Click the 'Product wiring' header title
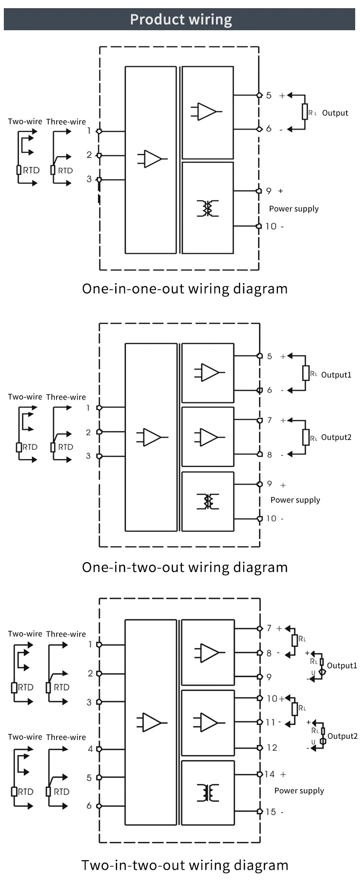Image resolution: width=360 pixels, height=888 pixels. point(181,20)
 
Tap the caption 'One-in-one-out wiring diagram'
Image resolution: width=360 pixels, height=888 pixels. point(185,289)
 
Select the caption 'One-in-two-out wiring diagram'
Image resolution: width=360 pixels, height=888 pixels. point(185,567)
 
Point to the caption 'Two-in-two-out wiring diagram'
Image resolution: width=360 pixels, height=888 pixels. point(185,865)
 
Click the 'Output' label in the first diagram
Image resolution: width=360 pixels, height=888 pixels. point(335,113)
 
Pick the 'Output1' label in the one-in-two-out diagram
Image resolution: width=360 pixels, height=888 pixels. point(336,375)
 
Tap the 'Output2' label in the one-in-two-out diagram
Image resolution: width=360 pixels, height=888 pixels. point(336,437)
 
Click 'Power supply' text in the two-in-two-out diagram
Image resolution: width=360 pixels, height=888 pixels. point(299,791)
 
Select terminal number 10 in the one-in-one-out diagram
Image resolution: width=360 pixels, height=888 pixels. point(271,226)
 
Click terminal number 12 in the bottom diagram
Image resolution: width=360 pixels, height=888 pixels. point(272,747)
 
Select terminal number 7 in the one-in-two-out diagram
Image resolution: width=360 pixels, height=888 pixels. point(270,420)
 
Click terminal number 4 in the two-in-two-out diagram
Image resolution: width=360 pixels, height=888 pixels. point(90,748)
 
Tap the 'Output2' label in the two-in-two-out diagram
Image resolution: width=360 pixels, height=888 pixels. point(342,736)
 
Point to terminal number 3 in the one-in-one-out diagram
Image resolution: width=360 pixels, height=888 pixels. point(89,179)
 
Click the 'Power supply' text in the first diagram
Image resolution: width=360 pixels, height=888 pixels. point(294,209)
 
